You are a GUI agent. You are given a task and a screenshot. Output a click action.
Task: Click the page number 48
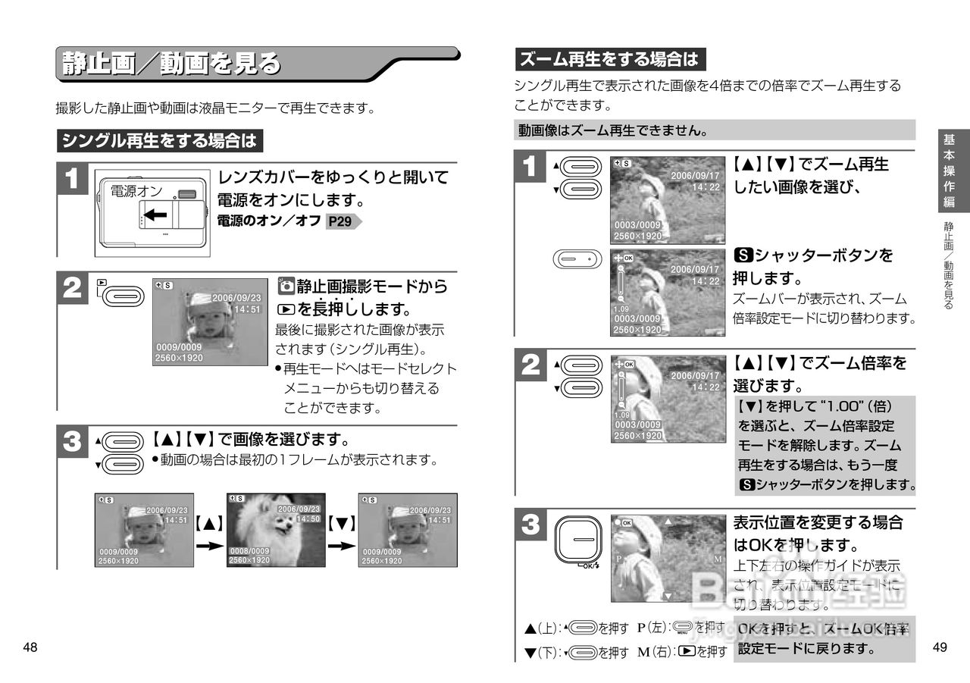(30, 647)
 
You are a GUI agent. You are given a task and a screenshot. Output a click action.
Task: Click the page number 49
(940, 647)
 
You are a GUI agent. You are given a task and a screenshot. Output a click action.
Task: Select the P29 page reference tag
(342, 222)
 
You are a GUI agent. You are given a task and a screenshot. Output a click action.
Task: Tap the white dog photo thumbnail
(276, 529)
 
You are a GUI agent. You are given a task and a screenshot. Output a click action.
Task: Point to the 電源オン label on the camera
(136, 191)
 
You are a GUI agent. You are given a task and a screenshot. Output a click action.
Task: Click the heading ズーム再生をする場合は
(609, 59)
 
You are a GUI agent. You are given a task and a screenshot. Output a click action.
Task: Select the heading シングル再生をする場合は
(159, 141)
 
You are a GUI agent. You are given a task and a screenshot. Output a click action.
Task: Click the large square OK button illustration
(577, 540)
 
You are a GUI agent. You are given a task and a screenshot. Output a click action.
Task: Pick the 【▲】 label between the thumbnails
(208, 522)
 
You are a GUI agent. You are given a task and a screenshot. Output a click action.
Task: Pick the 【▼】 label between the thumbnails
(342, 522)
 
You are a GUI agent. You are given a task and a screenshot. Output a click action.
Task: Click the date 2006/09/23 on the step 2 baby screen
(236, 298)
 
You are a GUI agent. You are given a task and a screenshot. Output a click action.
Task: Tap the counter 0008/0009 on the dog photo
(249, 551)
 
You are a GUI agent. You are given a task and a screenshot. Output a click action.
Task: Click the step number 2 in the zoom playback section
(531, 367)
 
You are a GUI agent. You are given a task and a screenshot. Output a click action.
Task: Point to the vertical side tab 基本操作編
(949, 171)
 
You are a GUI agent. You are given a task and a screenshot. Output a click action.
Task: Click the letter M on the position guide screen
(717, 559)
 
